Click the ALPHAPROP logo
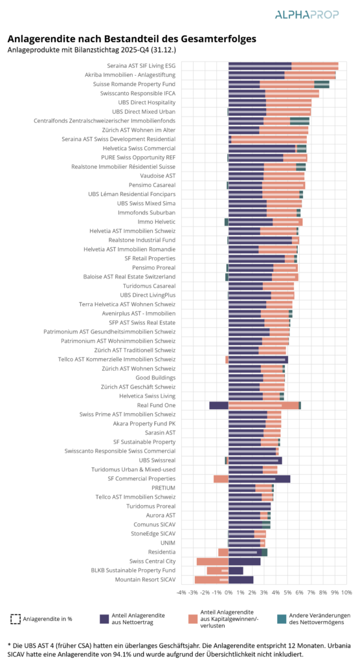point(307,15)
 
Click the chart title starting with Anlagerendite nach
point(131,39)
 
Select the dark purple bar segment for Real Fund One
point(219,405)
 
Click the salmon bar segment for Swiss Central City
point(212,561)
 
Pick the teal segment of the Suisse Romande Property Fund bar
point(322,84)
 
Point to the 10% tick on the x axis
point(346,592)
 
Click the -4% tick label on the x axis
point(181,592)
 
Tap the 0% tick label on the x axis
point(229,592)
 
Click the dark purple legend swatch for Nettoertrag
point(104,618)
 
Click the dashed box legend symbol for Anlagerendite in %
point(16,619)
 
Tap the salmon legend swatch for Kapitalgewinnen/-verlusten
point(193,618)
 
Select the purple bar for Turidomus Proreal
point(249,506)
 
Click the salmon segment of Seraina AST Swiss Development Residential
point(269,139)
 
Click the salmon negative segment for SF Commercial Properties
point(221,478)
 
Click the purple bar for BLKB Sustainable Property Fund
point(236,571)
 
